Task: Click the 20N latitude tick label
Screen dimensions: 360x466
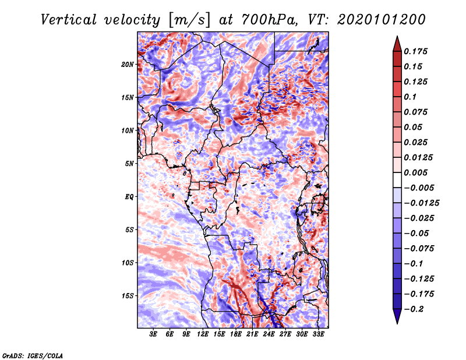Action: pos(128,64)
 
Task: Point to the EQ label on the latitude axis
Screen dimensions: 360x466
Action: pos(129,196)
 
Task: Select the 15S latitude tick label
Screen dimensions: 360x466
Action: pos(128,295)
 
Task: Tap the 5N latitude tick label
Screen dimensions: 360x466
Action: pos(129,164)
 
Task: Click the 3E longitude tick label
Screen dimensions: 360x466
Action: pos(154,334)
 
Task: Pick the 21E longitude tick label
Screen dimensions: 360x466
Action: pos(252,334)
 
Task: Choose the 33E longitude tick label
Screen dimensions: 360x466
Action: pos(318,334)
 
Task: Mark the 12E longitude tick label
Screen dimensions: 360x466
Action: pos(203,334)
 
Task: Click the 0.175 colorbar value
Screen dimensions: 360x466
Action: pos(417,51)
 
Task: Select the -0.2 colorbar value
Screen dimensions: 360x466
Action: pos(416,309)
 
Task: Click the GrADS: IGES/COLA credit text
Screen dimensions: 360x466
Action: pos(33,355)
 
